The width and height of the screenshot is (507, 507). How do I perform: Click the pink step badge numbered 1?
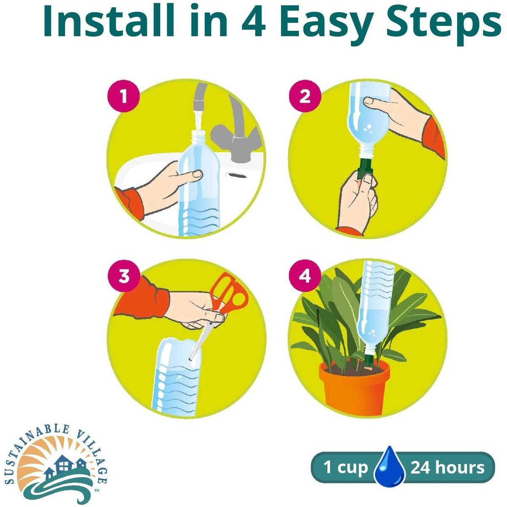(x=123, y=96)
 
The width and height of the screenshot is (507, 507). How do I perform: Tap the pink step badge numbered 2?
(x=305, y=96)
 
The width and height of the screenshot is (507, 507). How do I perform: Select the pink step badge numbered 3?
(x=123, y=277)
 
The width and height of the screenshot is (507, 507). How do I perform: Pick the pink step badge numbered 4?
(x=305, y=277)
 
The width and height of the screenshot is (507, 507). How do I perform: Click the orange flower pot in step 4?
(x=355, y=391)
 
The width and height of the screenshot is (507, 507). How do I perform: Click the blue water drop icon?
(x=390, y=466)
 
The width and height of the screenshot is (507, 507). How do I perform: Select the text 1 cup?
(x=346, y=468)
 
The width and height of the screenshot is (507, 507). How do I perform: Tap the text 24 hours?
(x=447, y=468)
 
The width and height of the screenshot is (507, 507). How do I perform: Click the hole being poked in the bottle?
(x=191, y=359)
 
